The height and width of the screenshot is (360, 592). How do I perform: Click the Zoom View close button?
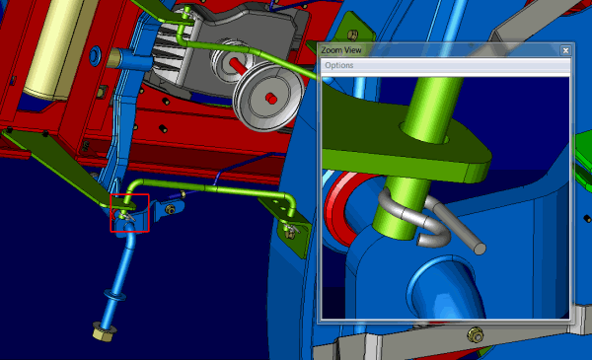(565, 50)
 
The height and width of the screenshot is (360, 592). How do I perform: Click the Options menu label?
(339, 65)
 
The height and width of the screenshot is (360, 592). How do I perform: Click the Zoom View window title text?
(341, 50)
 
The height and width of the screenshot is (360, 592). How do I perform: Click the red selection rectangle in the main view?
(129, 194)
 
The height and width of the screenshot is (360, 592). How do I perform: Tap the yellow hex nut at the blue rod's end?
(103, 331)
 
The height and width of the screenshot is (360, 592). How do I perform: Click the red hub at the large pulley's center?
(271, 99)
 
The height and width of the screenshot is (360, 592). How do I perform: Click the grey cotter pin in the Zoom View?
(434, 223)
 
